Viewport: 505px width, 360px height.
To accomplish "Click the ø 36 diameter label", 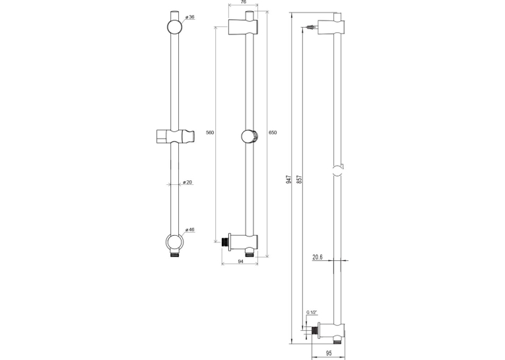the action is pyautogui.click(x=190, y=17).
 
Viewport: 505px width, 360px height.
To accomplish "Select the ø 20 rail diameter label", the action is pyautogui.click(x=187, y=182).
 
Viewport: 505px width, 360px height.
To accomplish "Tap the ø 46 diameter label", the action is pyautogui.click(x=190, y=229).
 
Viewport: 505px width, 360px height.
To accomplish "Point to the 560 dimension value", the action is pyautogui.click(x=210, y=133).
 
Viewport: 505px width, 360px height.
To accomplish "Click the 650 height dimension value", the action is pyautogui.click(x=273, y=133).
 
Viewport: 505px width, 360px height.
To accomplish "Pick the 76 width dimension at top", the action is pyautogui.click(x=244, y=2).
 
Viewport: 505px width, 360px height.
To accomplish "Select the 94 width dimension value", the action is pyautogui.click(x=240, y=262).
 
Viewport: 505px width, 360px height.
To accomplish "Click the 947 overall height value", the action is pyautogui.click(x=289, y=180).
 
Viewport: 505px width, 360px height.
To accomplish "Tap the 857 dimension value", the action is pyautogui.click(x=299, y=180).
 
